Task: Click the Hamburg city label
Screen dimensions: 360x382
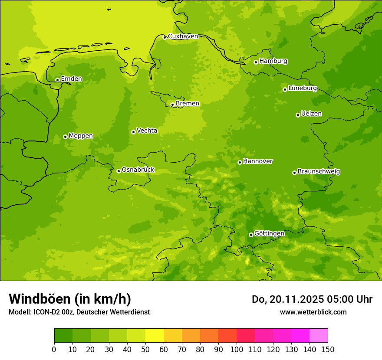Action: [x=273, y=61]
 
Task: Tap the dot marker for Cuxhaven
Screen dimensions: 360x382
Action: [x=165, y=37]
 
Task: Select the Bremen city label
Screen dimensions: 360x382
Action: [x=187, y=104]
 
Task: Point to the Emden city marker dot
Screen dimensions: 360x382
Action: [x=57, y=80]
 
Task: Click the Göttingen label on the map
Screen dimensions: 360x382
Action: [x=269, y=233]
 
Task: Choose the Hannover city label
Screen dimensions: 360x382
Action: [x=257, y=161]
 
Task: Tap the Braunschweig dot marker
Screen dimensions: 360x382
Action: [x=294, y=173]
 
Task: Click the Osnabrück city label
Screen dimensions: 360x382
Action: [x=138, y=170]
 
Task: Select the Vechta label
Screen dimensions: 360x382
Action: [x=147, y=131]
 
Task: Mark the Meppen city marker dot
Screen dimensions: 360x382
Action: [x=65, y=137]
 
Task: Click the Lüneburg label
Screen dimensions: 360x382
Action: [x=302, y=88]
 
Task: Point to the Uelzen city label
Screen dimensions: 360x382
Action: [x=311, y=114]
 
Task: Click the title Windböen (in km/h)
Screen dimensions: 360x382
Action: [x=70, y=299]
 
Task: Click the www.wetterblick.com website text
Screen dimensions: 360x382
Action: [x=313, y=312]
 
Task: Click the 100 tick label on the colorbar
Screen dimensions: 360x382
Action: [x=237, y=349]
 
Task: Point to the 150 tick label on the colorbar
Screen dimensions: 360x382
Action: [x=328, y=349]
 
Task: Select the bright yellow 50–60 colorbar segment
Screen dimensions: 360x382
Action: [x=155, y=336]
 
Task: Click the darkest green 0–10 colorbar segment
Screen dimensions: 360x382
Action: [x=63, y=336]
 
